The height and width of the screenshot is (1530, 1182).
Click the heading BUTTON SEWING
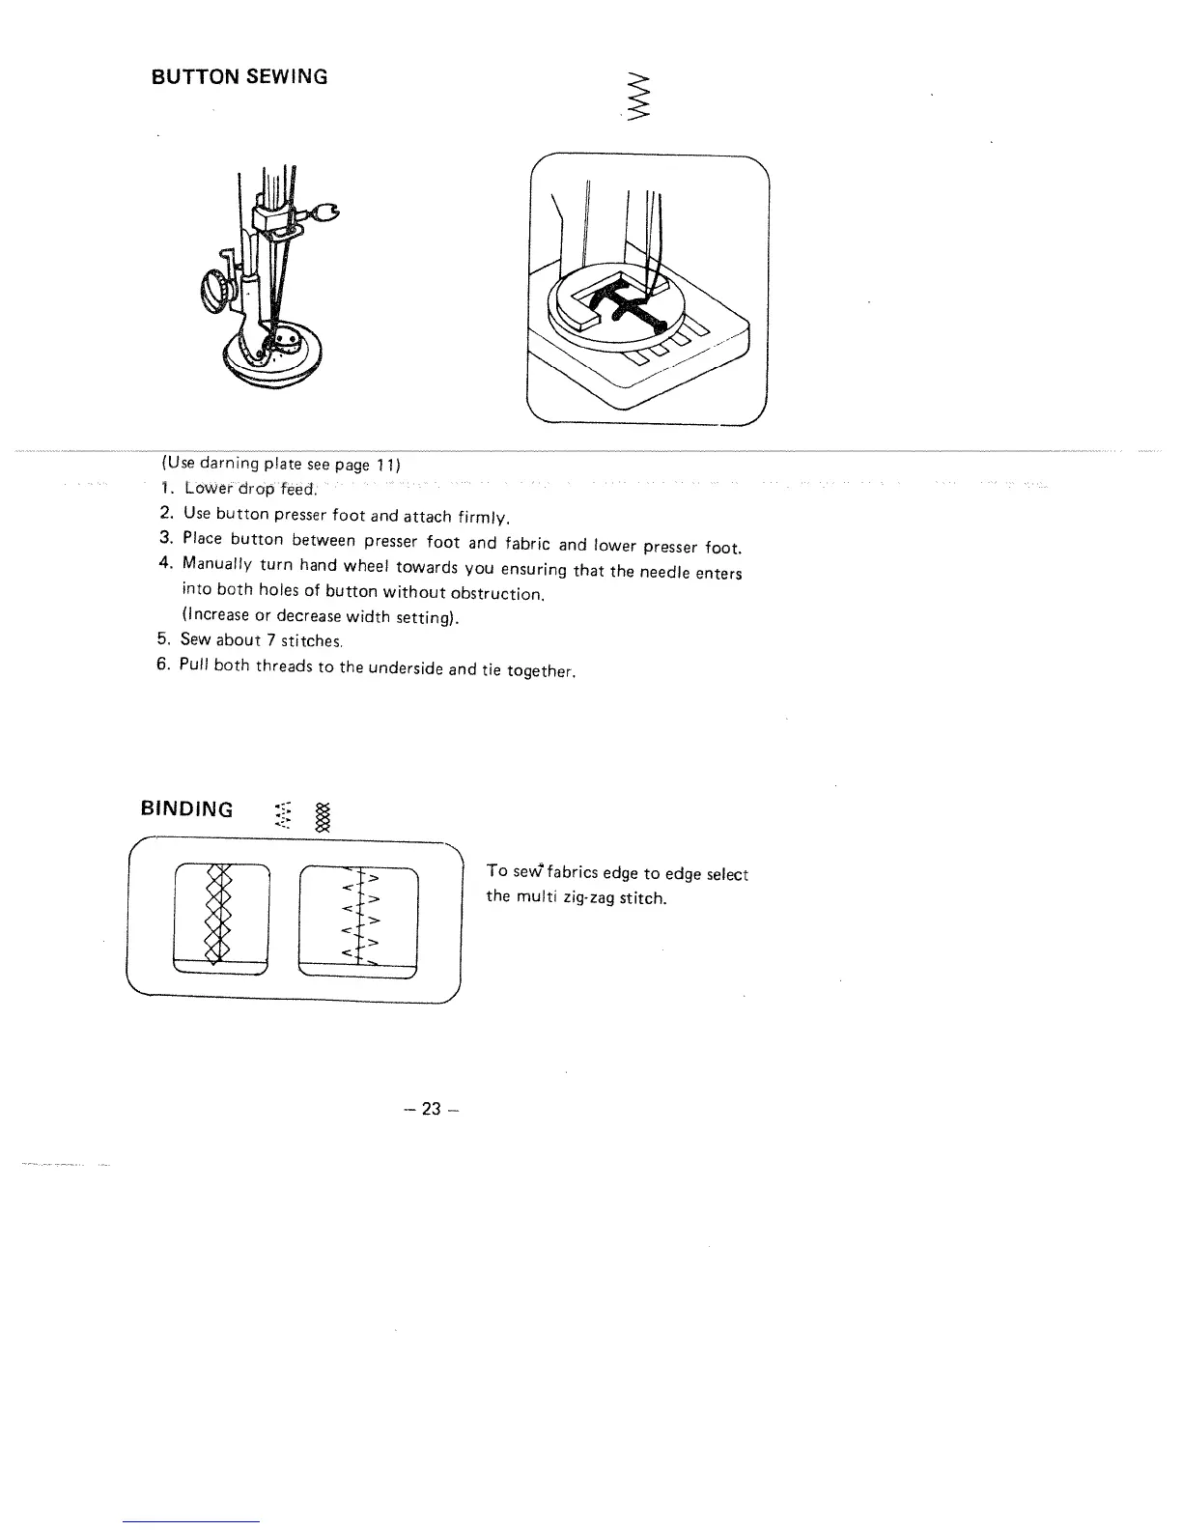(x=239, y=76)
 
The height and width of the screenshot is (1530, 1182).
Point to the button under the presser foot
(x=289, y=339)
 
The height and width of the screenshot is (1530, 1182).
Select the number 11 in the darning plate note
(x=388, y=465)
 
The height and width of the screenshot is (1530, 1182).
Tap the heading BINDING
(x=187, y=809)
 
